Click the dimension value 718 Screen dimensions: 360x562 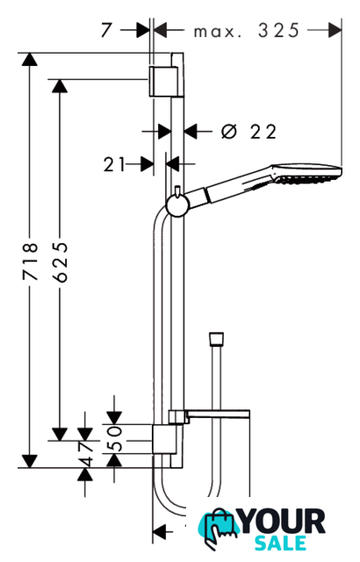coord(30,261)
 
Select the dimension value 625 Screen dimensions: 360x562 coord(60,263)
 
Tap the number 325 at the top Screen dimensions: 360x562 coord(278,31)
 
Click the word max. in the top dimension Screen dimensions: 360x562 coord(218,32)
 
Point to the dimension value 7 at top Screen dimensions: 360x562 coord(107,30)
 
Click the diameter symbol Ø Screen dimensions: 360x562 coord(229,131)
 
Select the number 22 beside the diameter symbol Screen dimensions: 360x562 coord(263,132)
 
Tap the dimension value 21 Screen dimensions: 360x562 coord(115,164)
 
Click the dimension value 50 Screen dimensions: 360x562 coord(115,438)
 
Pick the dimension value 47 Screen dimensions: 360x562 coord(85,454)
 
